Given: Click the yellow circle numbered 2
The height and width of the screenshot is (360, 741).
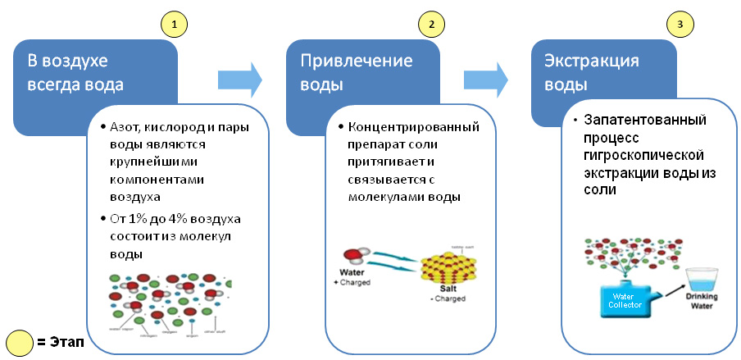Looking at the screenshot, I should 431,23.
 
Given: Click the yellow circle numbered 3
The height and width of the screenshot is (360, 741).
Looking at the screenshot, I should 679,23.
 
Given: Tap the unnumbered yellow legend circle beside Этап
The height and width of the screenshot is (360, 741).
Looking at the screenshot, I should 20,341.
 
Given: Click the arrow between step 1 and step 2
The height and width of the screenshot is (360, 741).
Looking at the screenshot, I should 239,80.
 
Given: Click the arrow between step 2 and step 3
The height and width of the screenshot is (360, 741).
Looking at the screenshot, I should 485,80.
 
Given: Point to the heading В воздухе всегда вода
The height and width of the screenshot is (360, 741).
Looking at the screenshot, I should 70,72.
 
